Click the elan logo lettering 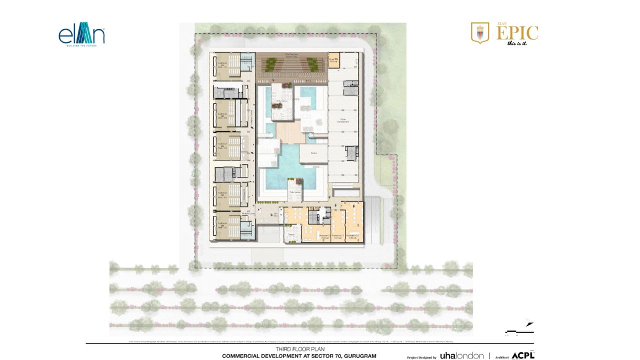[81, 35]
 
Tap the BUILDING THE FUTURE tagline [81, 45]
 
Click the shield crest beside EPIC [480, 33]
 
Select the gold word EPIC [517, 33]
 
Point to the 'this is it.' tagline [517, 43]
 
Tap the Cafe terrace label [294, 192]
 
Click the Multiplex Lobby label [248, 213]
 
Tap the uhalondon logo [461, 355]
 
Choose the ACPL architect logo [523, 355]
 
